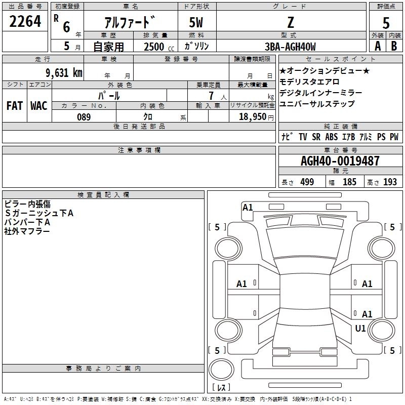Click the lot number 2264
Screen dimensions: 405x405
[x=25, y=23]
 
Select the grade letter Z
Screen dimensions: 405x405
[x=290, y=22]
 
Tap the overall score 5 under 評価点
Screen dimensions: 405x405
[x=386, y=23]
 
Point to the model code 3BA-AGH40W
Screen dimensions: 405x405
[x=290, y=47]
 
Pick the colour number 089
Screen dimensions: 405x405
[x=84, y=117]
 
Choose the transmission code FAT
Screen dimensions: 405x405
[x=15, y=106]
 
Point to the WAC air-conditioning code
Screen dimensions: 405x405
[x=38, y=106]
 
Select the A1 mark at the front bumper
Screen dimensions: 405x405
[x=248, y=207]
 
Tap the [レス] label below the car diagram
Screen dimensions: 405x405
[x=221, y=387]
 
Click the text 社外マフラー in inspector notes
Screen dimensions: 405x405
[x=27, y=231]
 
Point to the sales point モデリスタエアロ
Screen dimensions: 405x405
[x=309, y=82]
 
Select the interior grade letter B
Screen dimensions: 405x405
[x=394, y=47]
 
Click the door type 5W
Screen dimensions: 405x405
[x=197, y=23]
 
